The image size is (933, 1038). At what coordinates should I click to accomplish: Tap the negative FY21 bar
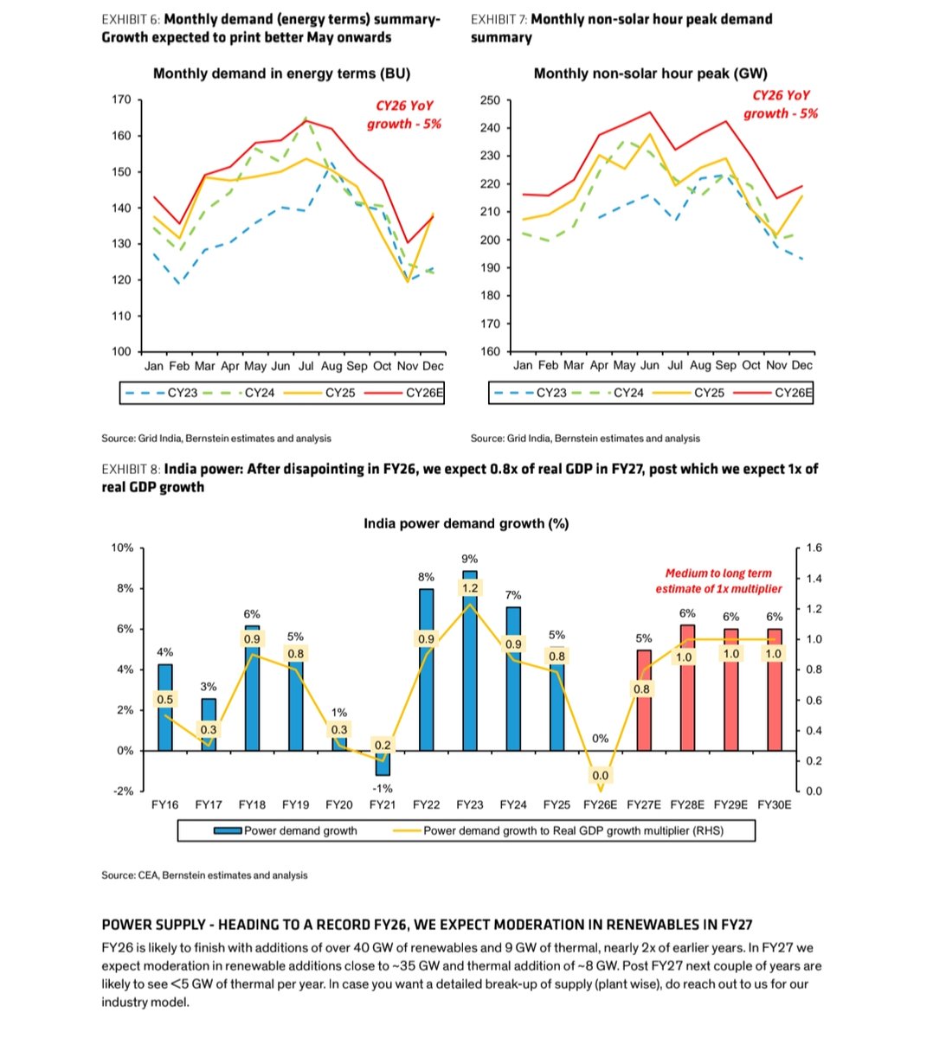tap(383, 763)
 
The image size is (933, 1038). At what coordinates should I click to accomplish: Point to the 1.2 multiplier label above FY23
tap(470, 588)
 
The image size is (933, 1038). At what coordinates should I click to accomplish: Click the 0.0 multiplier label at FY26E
tap(600, 776)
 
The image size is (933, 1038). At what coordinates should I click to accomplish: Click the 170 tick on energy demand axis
tap(121, 99)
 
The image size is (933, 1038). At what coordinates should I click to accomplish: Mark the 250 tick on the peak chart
tap(490, 100)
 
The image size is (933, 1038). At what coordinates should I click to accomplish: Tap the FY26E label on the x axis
tap(600, 804)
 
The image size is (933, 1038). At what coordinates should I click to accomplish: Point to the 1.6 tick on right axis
tap(814, 548)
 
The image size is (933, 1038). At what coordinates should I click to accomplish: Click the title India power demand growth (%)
tap(466, 523)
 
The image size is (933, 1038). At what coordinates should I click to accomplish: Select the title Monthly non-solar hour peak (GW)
tap(650, 74)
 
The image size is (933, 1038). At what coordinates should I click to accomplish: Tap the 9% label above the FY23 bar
tap(470, 559)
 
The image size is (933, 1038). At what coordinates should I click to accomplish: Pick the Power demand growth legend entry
tap(286, 830)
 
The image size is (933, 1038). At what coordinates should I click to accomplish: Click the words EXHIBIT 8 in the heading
tap(131, 469)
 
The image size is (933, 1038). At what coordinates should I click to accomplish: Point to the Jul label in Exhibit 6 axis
tap(306, 366)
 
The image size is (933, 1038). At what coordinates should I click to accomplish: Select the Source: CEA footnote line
tap(204, 875)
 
